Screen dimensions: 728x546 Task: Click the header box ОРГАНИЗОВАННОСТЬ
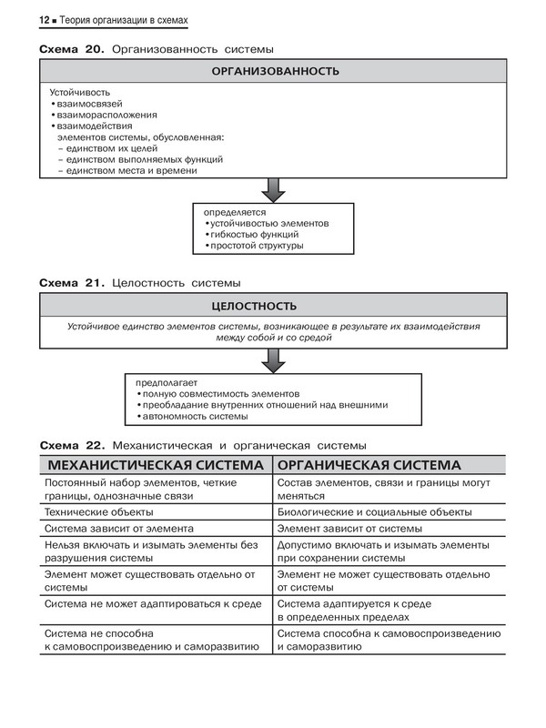point(275,71)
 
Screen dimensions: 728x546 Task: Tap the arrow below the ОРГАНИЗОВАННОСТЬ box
point(274,188)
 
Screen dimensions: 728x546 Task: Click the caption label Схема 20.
point(72,48)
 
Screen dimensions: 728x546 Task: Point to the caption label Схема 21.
point(72,283)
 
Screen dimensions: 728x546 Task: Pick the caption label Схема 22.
point(72,446)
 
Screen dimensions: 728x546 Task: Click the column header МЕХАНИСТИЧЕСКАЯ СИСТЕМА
point(155,465)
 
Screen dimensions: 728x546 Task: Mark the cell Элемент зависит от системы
point(349,528)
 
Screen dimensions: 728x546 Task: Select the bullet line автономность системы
point(196,417)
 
